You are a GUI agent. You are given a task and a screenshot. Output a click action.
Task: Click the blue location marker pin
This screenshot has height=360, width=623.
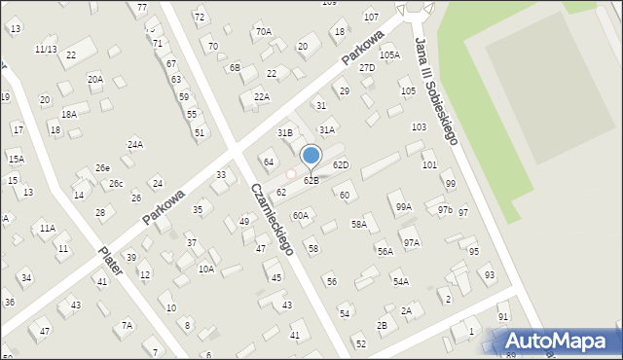[311, 156]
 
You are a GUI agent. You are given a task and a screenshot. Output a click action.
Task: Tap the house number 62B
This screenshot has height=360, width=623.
[311, 181]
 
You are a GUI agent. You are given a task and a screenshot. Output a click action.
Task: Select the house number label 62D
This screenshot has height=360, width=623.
[341, 165]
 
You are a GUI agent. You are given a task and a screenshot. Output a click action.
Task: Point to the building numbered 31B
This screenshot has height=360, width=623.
[285, 132]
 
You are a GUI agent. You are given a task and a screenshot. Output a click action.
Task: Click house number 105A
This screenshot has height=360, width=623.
[389, 55]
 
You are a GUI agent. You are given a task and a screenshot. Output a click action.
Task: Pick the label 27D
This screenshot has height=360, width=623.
[367, 68]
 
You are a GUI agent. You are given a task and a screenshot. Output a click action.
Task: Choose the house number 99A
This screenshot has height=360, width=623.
[403, 207]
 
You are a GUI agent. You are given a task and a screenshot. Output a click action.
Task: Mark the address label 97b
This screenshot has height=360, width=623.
[445, 210]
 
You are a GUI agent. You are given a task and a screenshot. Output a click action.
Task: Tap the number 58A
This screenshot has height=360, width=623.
[359, 225]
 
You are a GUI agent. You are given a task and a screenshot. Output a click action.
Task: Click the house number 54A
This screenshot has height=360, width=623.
[400, 282]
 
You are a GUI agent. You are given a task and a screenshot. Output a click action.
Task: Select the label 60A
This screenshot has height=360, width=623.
[301, 216]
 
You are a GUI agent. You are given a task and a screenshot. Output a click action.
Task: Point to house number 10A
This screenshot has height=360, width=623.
[206, 270]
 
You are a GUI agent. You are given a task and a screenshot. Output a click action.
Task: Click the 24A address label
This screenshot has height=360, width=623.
[135, 145]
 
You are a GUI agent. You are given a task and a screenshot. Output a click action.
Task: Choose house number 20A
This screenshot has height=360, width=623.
[94, 80]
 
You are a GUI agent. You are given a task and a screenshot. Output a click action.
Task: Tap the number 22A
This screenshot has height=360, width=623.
[262, 97]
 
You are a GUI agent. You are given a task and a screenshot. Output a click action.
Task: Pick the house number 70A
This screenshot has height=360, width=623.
[264, 32]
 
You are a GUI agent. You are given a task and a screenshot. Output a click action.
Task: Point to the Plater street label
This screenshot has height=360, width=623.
[110, 261]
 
